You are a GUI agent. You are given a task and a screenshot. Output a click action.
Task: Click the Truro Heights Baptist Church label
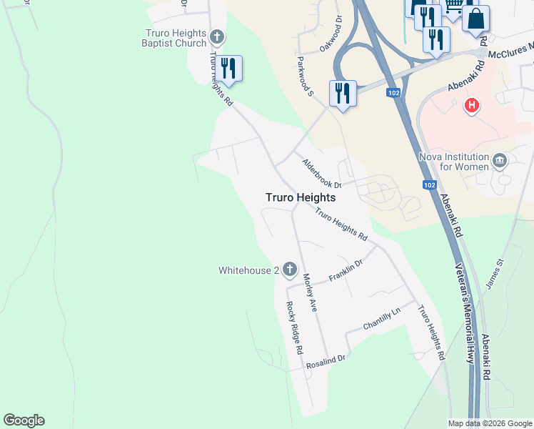(x=176, y=38)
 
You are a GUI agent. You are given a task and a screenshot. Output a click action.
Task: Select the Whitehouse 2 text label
(x=248, y=270)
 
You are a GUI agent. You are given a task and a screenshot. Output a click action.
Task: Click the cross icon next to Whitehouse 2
(x=289, y=270)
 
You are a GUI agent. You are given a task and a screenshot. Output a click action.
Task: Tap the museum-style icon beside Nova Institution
(x=500, y=160)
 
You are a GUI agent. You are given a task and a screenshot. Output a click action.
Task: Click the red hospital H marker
(x=471, y=107)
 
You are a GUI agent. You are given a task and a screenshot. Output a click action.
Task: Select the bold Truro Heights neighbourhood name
(x=300, y=197)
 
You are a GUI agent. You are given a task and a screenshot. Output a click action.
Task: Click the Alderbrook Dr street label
(x=322, y=174)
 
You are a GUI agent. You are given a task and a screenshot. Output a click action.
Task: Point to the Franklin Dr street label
(x=346, y=270)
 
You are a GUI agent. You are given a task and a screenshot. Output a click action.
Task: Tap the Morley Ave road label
(x=309, y=292)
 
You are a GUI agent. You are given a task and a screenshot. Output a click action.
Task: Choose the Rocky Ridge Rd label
(x=294, y=328)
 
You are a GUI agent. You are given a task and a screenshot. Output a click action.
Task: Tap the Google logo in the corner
(x=24, y=420)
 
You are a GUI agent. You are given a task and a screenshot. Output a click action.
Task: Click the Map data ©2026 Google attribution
(x=490, y=423)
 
